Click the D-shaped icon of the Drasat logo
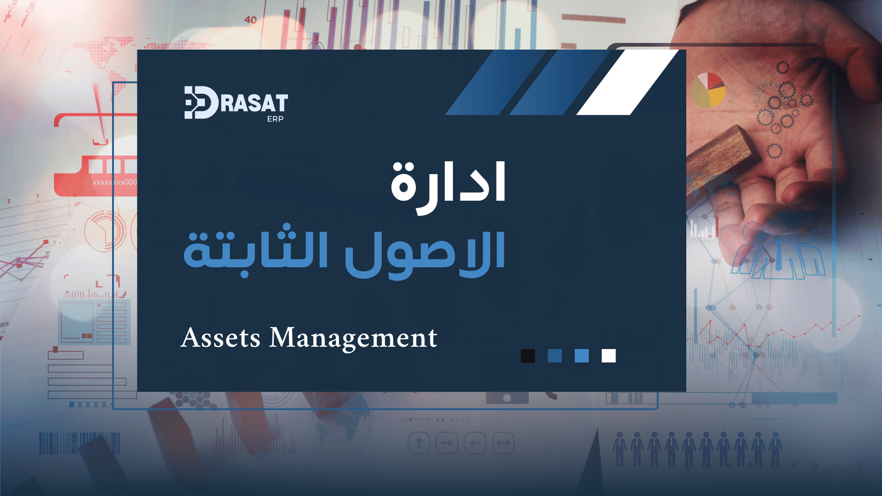201,102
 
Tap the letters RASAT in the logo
254,103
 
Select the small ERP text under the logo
275,119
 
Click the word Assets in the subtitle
221,338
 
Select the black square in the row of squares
528,356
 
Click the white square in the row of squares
609,356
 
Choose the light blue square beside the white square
582,356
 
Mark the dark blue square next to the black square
555,356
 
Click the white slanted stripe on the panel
628,82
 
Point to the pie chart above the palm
707,90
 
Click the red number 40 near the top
250,20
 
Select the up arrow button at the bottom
419,443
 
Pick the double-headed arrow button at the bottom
503,443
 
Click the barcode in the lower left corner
79,443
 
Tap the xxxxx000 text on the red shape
115,182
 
